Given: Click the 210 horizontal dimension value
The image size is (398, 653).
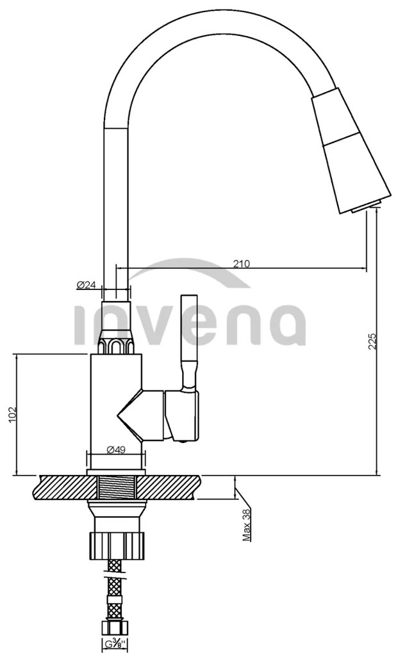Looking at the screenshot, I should point(241,263).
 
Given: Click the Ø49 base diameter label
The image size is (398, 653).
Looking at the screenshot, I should point(115,449).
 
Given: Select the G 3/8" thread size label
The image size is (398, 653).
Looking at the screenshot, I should point(115,643).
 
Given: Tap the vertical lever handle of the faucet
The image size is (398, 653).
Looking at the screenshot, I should point(188,339).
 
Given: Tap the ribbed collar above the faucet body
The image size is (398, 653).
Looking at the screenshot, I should point(116,344).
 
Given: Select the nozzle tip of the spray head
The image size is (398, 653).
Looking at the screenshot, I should point(369,206).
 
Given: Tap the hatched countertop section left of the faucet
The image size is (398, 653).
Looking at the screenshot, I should point(61,488).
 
